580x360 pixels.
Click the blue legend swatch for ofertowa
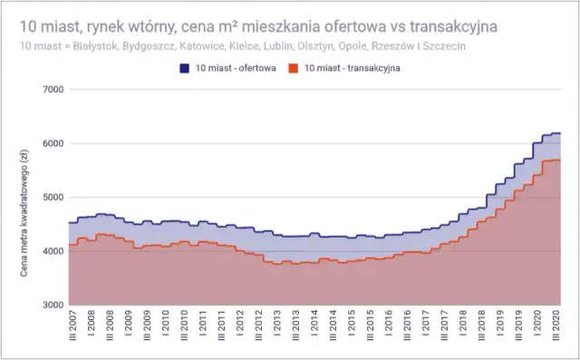183,67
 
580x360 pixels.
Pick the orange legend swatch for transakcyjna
293,67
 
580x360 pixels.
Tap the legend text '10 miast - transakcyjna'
351,67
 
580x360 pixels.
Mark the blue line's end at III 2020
560,133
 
